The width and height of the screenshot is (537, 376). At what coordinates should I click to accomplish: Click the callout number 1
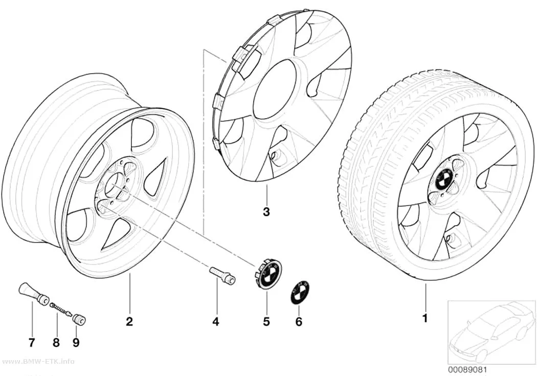tap(425, 319)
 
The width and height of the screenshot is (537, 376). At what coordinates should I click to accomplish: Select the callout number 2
tap(129, 322)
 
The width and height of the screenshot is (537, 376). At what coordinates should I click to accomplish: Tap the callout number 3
tap(266, 212)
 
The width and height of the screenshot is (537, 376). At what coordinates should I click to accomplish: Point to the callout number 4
tap(215, 322)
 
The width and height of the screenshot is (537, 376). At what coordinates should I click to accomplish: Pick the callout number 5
tap(266, 322)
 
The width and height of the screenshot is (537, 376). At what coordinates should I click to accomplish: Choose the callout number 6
tap(299, 322)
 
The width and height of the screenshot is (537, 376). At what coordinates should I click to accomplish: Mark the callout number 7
tap(32, 342)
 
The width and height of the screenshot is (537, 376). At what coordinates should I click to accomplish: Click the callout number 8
tap(56, 342)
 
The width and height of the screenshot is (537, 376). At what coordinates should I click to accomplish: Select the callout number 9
tap(76, 342)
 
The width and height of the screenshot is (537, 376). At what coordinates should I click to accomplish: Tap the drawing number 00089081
tap(467, 369)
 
